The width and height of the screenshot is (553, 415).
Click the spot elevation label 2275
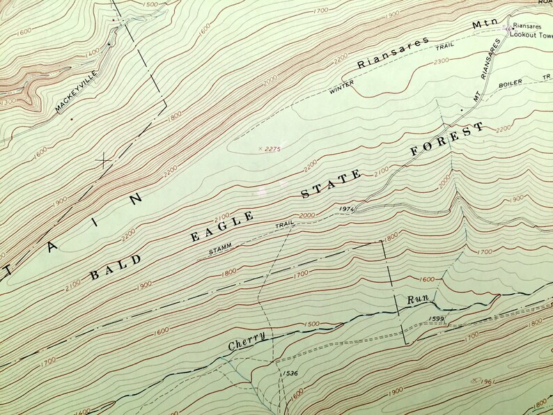(x=270, y=148)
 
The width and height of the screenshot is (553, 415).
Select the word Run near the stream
(x=417, y=299)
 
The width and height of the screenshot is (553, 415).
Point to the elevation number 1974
(x=349, y=208)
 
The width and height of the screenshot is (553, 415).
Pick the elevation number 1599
(x=437, y=318)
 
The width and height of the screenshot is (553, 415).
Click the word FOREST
(x=447, y=140)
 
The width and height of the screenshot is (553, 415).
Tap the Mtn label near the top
(x=482, y=24)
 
